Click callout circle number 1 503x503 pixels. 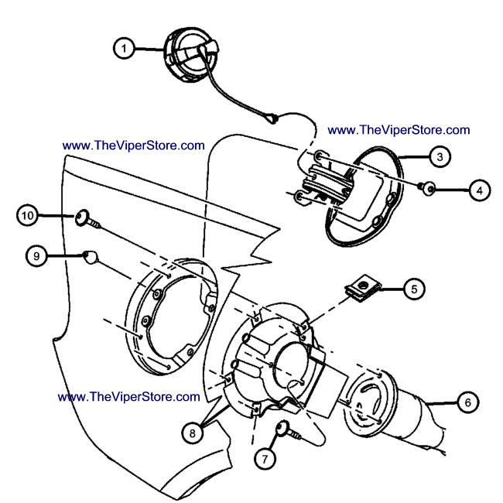(123, 48)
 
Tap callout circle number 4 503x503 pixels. (479, 189)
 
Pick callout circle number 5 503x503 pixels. (413, 289)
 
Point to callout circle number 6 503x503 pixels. (467, 402)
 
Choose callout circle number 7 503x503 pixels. (263, 458)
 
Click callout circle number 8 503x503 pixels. (191, 434)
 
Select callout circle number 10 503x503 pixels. (28, 215)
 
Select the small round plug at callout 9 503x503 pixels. (91, 257)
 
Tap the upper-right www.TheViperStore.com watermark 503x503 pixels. (399, 130)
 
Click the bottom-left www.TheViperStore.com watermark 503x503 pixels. (128, 396)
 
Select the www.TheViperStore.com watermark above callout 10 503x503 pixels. (133, 145)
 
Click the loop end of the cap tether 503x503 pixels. (272, 118)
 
